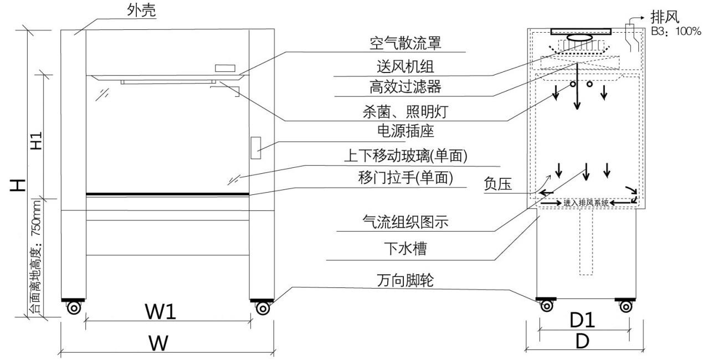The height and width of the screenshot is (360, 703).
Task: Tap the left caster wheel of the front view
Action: [x=73, y=308]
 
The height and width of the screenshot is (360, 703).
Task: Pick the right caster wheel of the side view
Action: [x=626, y=306]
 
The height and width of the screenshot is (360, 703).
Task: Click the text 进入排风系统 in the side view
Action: [x=586, y=203]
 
